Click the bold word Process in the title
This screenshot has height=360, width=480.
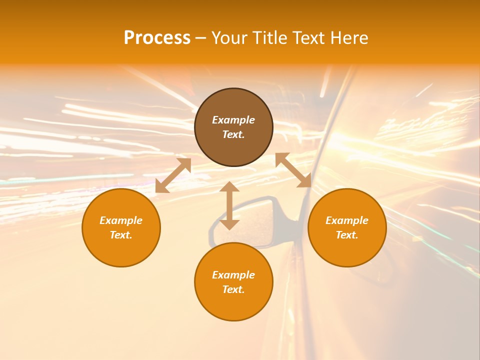click(x=157, y=38)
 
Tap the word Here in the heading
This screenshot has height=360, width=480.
click(x=348, y=38)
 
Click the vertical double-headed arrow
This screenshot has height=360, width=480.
click(x=229, y=205)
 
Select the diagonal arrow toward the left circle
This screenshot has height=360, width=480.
click(x=173, y=175)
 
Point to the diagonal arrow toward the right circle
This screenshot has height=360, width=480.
click(x=293, y=170)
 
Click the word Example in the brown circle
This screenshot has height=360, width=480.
click(x=233, y=120)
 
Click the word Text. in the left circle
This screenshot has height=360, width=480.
click(x=121, y=235)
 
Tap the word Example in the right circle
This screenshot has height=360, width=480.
click(x=347, y=220)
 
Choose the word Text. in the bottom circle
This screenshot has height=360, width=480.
click(x=233, y=289)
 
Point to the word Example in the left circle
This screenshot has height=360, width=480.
click(x=121, y=220)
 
